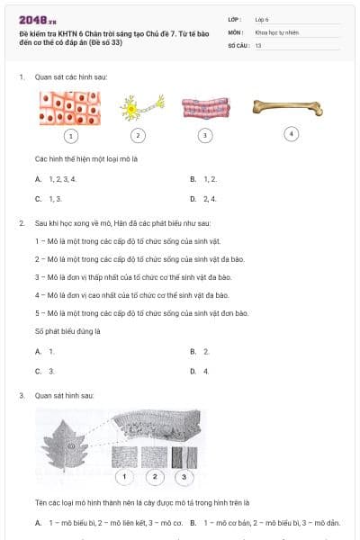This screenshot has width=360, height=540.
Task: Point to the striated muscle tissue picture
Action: [x=205, y=108]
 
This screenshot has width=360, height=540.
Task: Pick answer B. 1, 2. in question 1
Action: [x=203, y=179]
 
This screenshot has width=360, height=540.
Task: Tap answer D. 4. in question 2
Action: [x=200, y=370]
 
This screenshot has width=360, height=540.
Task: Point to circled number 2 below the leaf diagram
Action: [x=155, y=476]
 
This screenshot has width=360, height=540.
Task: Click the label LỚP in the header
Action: [x=235, y=18]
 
